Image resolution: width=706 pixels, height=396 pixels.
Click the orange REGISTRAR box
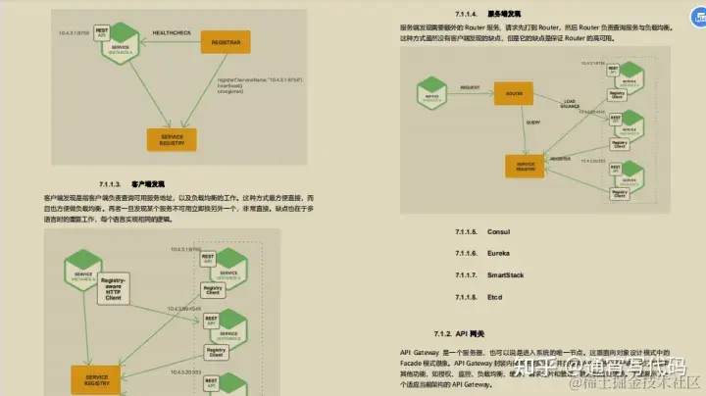(226, 40)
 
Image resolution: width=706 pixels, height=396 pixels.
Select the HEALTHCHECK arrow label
(173, 34)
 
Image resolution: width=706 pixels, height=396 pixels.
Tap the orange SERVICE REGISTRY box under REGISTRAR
(172, 139)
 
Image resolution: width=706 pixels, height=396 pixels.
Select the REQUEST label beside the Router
(470, 87)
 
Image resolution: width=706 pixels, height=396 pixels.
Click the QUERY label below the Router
(533, 123)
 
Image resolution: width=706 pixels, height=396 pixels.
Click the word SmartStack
(505, 274)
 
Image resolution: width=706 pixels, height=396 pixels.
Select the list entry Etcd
(496, 297)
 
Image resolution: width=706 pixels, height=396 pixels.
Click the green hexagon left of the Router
(429, 96)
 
